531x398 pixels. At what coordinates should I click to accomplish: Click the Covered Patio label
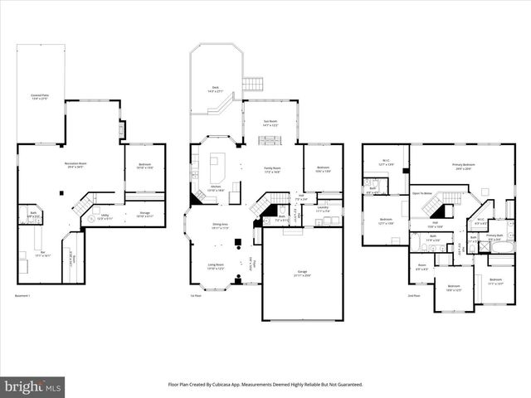(38, 97)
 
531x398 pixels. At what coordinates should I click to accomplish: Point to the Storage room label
(144, 213)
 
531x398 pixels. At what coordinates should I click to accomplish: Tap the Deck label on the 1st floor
(215, 88)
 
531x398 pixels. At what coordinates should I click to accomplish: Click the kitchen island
(217, 168)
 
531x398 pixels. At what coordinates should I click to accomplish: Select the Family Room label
(272, 170)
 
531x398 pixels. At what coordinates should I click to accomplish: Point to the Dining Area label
(220, 226)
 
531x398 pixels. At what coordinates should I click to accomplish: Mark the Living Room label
(215, 268)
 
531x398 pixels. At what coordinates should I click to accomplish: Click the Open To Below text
(422, 193)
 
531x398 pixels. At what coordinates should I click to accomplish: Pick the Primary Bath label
(494, 236)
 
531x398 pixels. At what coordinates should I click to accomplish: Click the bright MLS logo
(32, 386)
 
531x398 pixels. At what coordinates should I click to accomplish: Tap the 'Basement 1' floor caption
(23, 294)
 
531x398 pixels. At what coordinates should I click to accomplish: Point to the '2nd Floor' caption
(414, 295)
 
